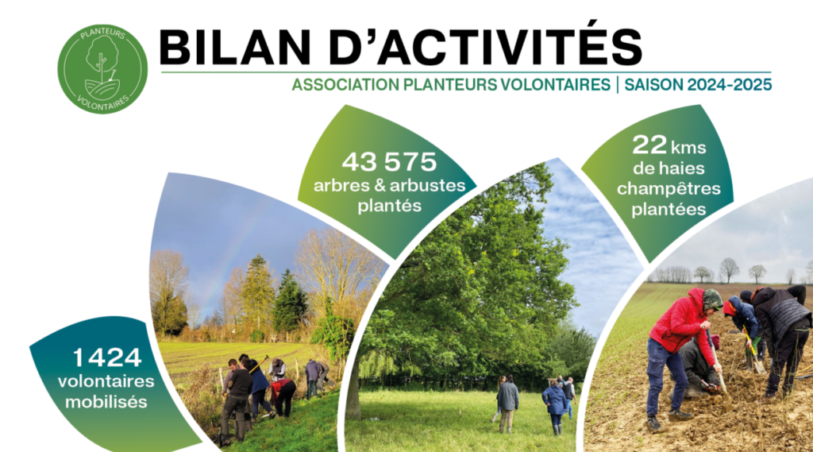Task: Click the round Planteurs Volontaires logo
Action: (102, 69)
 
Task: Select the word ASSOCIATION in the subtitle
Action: (345, 84)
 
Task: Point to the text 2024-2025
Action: (730, 84)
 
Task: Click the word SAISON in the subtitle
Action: (653, 84)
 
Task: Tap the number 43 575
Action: (389, 162)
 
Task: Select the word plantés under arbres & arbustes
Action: (389, 207)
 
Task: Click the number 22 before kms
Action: (649, 145)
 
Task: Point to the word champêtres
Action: (669, 189)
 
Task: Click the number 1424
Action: (107, 357)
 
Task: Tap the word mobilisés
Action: (106, 402)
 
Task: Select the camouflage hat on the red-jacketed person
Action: (712, 299)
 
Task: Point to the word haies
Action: (682, 168)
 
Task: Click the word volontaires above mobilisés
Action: (106, 381)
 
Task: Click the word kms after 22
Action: (688, 148)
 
